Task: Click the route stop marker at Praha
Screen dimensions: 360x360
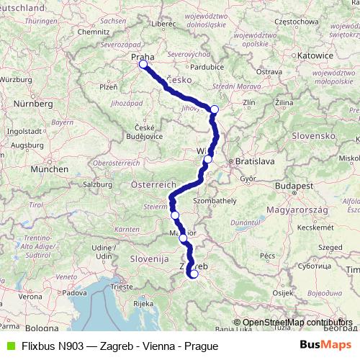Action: [143, 65]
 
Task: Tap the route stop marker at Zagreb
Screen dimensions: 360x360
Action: [194, 273]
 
